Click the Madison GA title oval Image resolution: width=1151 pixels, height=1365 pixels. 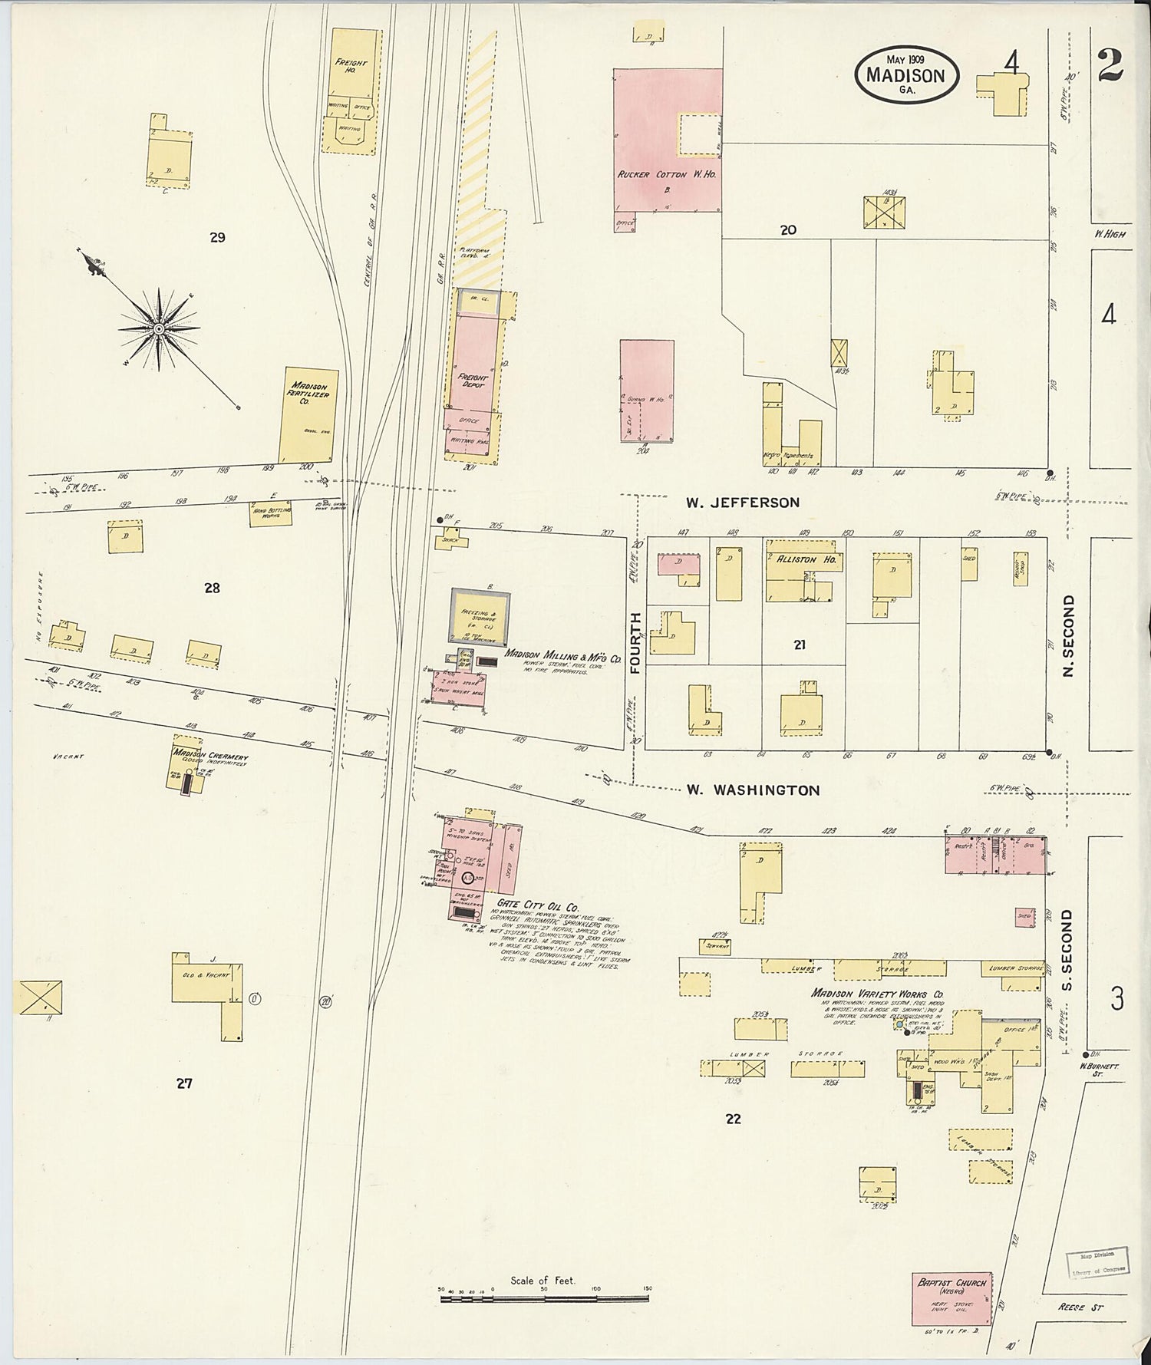click(x=905, y=74)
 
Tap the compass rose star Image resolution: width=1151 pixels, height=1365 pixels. click(x=159, y=329)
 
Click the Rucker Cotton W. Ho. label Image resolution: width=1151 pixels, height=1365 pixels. click(x=666, y=175)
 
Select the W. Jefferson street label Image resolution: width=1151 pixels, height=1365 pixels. click(x=742, y=503)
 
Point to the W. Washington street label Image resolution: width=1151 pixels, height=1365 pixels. click(x=753, y=790)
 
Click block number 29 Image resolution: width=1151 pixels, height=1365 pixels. click(x=217, y=238)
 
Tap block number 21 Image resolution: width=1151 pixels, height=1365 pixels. click(x=800, y=645)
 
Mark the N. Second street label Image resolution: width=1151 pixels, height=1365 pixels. click(x=1067, y=636)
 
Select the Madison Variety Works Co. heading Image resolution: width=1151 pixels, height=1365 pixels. click(x=877, y=994)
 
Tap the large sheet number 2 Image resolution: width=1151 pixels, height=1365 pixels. click(x=1110, y=65)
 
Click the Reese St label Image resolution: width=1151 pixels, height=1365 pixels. click(x=1080, y=1306)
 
